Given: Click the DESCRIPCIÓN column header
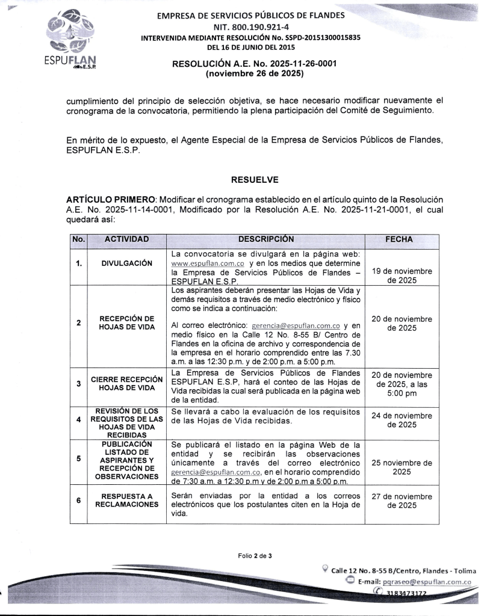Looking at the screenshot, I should coord(265,239).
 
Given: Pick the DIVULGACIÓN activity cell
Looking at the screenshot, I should coord(126,263).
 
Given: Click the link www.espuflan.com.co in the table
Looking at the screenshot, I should coord(207,263).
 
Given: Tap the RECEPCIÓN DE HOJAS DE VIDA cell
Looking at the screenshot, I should coord(126,322).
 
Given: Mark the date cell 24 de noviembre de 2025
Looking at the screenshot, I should coord(402,419).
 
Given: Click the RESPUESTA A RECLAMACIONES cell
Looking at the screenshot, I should coord(126,500).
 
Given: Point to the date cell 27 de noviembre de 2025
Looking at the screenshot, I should coord(402,500).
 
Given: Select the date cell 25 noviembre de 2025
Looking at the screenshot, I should coord(402,467).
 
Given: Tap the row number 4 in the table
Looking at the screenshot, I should coord(79,419).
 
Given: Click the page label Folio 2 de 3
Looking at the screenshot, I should coord(253,556).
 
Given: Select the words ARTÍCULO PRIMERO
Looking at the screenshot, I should coord(110,199).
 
